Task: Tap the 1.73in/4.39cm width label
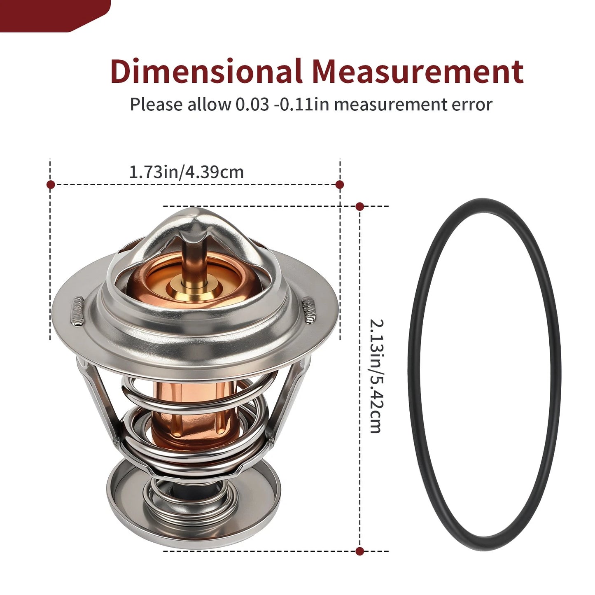click(x=186, y=172)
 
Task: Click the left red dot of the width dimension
click(x=51, y=184)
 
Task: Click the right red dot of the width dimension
click(x=340, y=184)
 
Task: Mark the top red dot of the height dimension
click(x=359, y=206)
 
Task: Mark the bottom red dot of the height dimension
click(x=359, y=551)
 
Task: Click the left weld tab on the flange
click(x=77, y=311)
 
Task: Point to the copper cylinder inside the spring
click(x=194, y=416)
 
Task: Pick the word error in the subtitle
click(x=472, y=105)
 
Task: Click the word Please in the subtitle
click(x=156, y=105)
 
